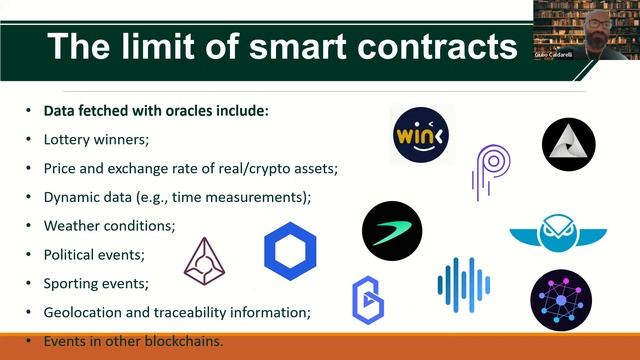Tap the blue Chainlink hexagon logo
(290, 251)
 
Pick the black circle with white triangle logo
(568, 142)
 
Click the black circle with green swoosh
(392, 231)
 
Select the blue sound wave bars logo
(463, 284)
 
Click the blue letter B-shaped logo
(368, 300)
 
